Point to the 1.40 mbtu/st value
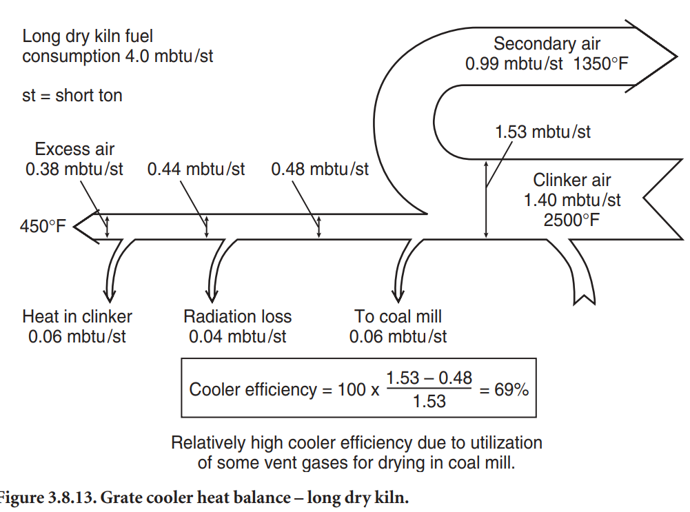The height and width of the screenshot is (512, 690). (572, 201)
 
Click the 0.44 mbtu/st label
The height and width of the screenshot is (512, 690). (196, 169)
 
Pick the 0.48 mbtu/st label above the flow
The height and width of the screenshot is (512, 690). (320, 169)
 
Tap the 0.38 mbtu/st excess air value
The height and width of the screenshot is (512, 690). (74, 169)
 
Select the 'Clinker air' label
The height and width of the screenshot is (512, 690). (572, 181)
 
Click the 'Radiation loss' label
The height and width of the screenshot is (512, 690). (238, 317)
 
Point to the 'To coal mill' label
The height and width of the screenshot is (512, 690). (398, 317)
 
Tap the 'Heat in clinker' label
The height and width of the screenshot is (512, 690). (77, 317)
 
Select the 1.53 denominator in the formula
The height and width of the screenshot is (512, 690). (429, 401)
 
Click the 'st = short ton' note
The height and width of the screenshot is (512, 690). (72, 95)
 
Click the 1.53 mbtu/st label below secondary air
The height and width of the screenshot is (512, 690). (542, 131)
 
